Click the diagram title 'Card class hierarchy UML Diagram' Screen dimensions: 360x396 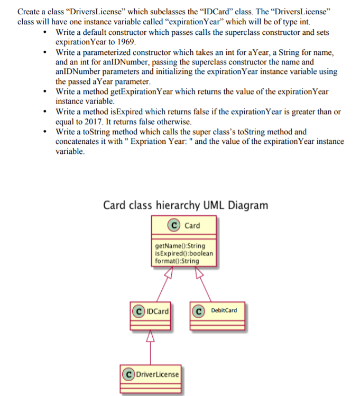coord(185,205)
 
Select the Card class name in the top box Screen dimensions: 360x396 coord(192,226)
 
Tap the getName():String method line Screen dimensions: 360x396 coord(180,246)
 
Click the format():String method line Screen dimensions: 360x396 coord(177,260)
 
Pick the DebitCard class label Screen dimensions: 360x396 coord(224,310)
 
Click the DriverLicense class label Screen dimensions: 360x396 coord(158,374)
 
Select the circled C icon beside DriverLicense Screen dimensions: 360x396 coord(128,374)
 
